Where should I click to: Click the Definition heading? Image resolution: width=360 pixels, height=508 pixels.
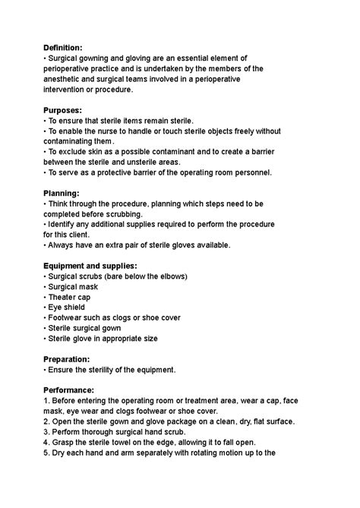66,47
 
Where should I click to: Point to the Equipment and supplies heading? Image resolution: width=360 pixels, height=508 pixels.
90,266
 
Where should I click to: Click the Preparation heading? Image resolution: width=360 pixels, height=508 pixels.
68,359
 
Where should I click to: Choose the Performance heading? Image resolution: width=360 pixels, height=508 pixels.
69,390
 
